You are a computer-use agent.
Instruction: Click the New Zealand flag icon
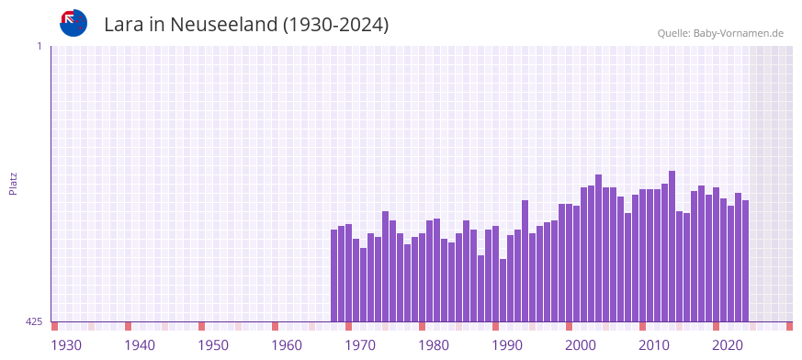(x=73, y=23)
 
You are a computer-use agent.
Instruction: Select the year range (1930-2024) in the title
(x=336, y=25)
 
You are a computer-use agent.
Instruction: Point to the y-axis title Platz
(x=13, y=183)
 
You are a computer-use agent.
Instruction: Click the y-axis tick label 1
(x=39, y=46)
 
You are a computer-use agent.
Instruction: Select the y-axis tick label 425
(x=34, y=321)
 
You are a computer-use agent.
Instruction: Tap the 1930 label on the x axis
(x=66, y=345)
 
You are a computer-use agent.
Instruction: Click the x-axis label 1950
(x=213, y=345)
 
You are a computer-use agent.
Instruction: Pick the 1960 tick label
(x=287, y=345)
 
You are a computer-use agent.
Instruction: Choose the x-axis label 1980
(x=434, y=345)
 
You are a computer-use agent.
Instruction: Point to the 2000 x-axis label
(x=581, y=345)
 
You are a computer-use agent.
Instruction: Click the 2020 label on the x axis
(x=728, y=345)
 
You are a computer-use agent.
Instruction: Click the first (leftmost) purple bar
(x=334, y=276)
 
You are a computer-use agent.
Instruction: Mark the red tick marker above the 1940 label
(x=129, y=326)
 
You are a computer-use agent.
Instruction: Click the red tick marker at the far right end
(x=789, y=326)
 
